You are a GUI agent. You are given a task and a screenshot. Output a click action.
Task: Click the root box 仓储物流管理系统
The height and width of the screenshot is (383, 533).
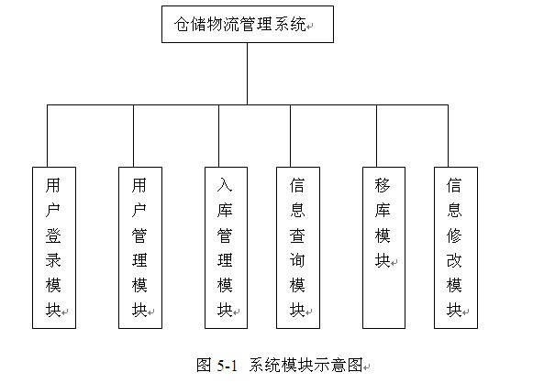click(x=248, y=24)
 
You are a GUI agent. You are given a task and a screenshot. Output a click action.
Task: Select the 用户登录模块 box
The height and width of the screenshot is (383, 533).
click(x=54, y=247)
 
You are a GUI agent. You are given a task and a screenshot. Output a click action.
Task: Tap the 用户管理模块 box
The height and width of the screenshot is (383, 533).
click(x=140, y=247)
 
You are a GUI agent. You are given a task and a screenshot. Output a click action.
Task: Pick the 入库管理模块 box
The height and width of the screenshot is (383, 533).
click(x=226, y=247)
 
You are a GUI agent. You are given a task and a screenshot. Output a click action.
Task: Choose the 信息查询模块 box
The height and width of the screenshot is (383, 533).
click(x=298, y=247)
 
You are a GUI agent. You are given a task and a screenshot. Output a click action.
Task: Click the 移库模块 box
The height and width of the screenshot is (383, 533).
click(x=383, y=247)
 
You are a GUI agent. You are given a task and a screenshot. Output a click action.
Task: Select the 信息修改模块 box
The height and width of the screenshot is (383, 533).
click(x=456, y=247)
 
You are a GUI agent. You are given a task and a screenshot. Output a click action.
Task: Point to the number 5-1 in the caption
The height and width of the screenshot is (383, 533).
click(x=227, y=366)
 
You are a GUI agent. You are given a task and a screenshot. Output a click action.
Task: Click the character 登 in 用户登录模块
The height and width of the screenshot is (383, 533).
click(x=53, y=235)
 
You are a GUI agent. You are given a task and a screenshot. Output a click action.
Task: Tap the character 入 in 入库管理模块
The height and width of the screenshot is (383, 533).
click(x=225, y=185)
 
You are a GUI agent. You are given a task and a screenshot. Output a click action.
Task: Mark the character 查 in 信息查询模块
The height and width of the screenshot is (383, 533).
click(x=297, y=235)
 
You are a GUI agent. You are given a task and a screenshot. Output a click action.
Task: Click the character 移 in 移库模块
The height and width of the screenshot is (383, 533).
click(x=383, y=185)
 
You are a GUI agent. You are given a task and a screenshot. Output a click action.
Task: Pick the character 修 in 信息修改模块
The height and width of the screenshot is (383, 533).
click(x=454, y=235)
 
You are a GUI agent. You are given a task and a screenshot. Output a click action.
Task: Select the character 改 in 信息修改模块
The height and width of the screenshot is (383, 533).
click(x=454, y=260)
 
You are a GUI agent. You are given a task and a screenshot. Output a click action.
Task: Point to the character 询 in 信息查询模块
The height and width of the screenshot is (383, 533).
click(x=297, y=260)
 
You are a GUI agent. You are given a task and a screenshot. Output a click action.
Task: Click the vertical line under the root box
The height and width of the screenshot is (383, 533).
click(x=247, y=73)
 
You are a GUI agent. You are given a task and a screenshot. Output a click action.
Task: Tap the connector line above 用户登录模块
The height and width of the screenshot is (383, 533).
click(x=48, y=136)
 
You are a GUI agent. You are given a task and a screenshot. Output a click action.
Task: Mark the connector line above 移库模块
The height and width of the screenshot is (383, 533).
click(x=377, y=136)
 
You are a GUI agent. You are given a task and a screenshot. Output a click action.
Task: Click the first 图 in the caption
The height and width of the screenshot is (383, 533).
click(x=204, y=366)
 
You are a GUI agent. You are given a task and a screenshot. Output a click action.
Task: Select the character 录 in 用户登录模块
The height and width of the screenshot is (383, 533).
click(x=53, y=260)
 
